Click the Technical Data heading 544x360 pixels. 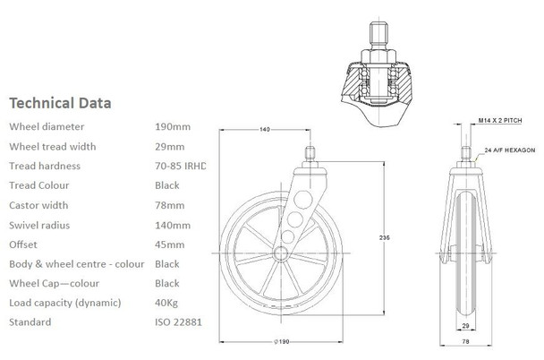(59, 102)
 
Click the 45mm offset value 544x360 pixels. (169, 244)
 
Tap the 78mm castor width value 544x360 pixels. (169, 205)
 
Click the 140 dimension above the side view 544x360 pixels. (265, 130)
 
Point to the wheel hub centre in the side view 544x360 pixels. (282, 254)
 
